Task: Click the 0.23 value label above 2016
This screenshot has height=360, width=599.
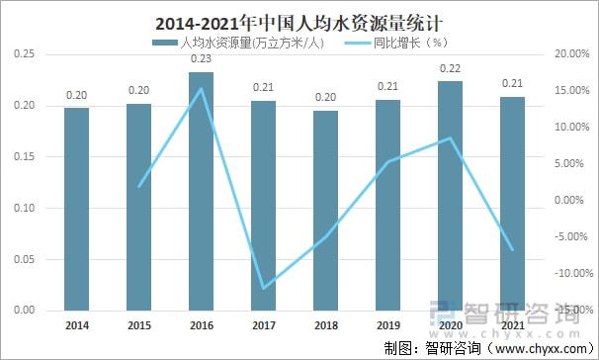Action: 202,60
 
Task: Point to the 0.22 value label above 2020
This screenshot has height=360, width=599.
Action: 451,69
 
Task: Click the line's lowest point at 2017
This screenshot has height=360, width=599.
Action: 264,289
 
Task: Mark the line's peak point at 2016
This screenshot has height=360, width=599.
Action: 202,88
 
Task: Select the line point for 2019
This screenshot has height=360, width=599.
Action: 388,161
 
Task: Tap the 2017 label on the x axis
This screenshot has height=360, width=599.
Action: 264,324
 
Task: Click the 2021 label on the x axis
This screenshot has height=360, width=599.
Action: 513,324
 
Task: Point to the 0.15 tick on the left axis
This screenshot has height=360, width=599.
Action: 25,156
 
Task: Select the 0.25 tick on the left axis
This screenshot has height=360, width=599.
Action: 25,53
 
